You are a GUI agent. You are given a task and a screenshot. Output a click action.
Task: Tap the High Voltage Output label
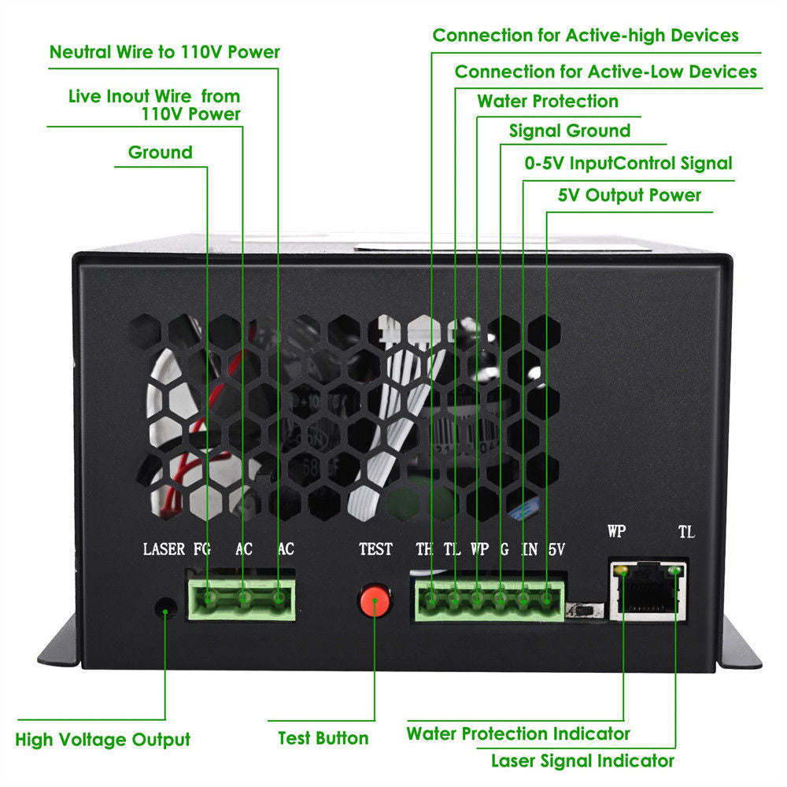103,740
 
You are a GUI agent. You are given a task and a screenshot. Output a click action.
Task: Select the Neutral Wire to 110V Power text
164,53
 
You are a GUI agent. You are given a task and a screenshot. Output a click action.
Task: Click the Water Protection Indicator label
518,733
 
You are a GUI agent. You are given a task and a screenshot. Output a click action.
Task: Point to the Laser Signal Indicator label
582,760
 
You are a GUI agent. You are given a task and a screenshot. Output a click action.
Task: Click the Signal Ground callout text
570,131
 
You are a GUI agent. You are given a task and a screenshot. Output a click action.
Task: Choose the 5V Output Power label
630,195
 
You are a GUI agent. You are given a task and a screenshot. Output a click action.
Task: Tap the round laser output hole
164,607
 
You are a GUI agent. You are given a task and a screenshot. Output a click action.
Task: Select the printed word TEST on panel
375,549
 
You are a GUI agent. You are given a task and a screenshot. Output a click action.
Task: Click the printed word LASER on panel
164,549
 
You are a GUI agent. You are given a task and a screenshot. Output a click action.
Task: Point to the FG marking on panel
202,549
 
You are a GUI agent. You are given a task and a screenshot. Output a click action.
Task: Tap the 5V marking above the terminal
556,549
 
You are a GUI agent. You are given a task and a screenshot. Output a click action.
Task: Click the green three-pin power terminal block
242,600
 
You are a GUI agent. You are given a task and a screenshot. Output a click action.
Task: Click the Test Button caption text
323,738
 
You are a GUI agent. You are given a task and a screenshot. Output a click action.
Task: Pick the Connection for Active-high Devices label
586,35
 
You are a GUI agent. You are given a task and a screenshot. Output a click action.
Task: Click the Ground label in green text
160,152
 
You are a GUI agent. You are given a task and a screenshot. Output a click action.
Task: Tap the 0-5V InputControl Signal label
628,164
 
